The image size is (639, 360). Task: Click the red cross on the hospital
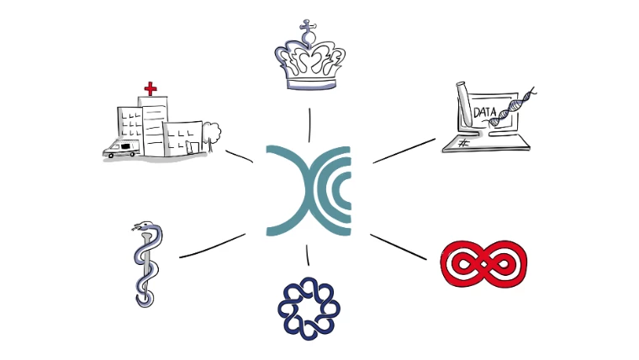coord(151,87)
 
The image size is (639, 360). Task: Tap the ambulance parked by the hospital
coord(119,149)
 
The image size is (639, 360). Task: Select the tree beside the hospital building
coord(212,134)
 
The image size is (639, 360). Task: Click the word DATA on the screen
coord(485,112)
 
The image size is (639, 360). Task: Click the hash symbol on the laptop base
coord(463,144)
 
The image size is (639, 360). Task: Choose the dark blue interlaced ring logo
coord(308,310)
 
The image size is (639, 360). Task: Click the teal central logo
coord(309,190)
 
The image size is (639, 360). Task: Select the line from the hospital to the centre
coord(240,156)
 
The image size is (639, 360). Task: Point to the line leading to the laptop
coord(404,150)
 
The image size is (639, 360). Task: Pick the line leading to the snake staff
coord(212,245)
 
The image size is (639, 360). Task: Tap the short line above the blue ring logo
coord(308,255)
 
